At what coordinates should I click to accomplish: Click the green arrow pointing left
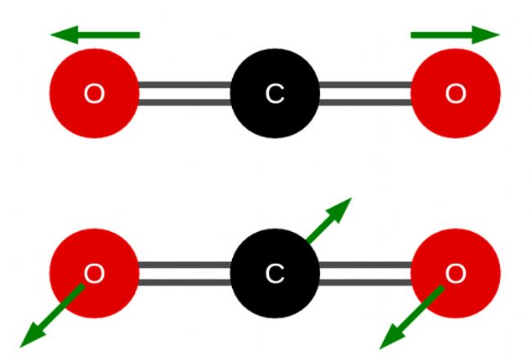tap(98, 34)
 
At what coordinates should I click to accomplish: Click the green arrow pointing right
tap(453, 34)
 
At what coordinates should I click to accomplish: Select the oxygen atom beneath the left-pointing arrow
tap(95, 95)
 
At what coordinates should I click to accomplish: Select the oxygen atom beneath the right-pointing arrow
tap(455, 95)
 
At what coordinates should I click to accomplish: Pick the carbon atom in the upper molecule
tap(274, 95)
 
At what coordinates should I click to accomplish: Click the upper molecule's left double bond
tap(185, 95)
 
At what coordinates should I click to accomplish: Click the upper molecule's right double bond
tap(364, 95)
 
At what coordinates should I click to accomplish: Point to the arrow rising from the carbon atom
tap(327, 222)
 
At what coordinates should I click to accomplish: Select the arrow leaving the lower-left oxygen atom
tap(53, 314)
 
